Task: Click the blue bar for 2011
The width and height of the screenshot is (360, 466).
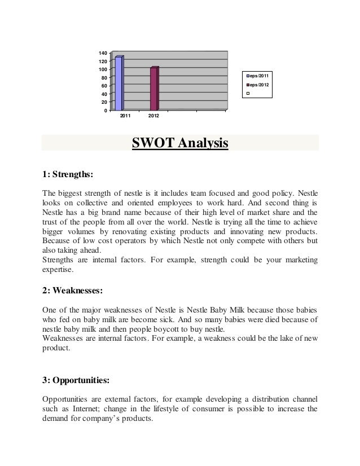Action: (119, 83)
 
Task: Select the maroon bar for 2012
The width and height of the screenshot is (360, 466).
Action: (154, 89)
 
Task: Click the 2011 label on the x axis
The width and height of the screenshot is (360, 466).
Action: (125, 116)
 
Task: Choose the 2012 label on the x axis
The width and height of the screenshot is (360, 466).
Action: (153, 116)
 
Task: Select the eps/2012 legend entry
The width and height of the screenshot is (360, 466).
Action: (260, 85)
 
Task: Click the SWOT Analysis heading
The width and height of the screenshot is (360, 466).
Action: (180, 144)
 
